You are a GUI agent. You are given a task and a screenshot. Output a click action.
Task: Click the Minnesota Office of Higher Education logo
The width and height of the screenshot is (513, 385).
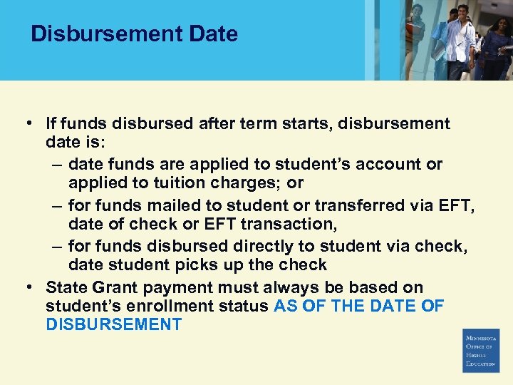pyautogui.click(x=481, y=350)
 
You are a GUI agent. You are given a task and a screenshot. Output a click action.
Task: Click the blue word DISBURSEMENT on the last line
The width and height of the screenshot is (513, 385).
pyautogui.click(x=113, y=325)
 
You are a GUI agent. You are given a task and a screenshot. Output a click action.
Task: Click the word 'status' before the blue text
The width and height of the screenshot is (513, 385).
pyautogui.click(x=246, y=307)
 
